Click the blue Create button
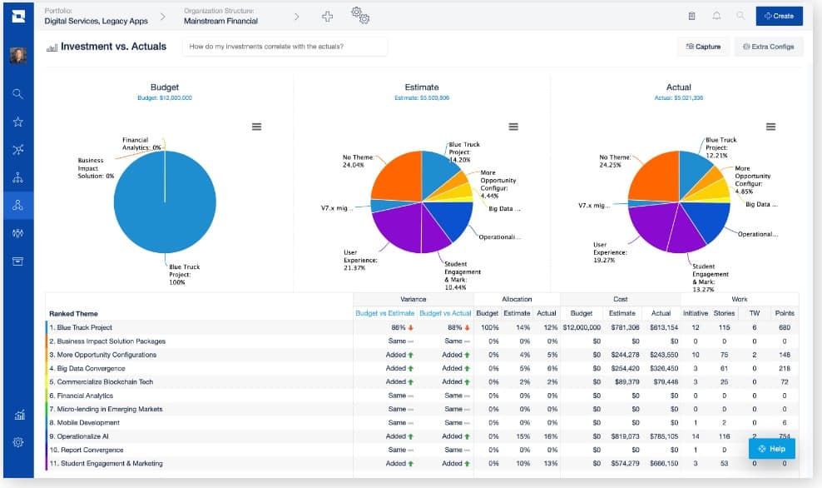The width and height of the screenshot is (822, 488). [x=779, y=16]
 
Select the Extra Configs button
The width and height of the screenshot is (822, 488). [x=768, y=47]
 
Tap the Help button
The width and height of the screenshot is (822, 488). [x=771, y=449]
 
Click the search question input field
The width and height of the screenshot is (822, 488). [x=285, y=47]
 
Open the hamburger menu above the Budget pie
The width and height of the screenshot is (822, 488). [x=256, y=127]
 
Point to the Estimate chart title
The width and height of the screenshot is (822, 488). [x=421, y=87]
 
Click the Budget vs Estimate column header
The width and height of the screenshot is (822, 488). [x=385, y=313]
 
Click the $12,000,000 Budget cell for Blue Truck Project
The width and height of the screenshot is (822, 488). [x=579, y=327]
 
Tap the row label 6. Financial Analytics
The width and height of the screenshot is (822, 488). [x=86, y=396]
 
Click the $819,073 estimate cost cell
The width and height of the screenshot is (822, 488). [x=623, y=436]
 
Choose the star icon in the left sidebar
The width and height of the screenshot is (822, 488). [x=17, y=122]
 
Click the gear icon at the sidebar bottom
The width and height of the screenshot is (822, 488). [x=17, y=442]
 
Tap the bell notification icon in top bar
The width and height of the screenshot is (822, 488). [x=716, y=16]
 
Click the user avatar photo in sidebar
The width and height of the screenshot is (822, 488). [x=17, y=56]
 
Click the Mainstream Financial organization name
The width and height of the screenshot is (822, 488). [x=221, y=21]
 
